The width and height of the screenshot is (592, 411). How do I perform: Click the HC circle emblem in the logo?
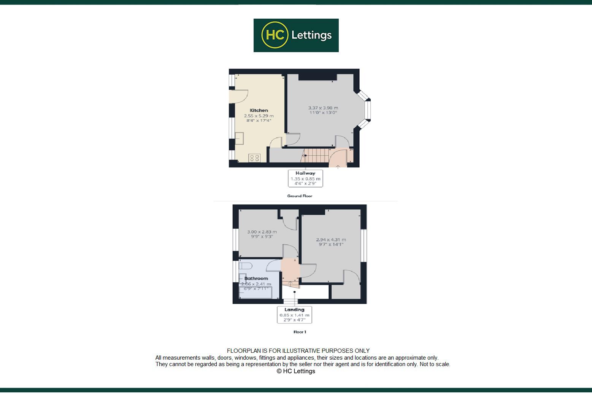click(x=275, y=35)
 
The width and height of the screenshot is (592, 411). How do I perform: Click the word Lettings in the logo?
click(x=311, y=35)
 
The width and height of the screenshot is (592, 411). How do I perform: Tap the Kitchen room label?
click(x=259, y=110)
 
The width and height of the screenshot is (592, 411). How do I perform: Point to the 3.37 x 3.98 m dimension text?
click(x=323, y=108)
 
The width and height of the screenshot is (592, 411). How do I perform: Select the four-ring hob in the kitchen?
click(x=254, y=158)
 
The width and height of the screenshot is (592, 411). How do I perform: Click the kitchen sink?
click(x=239, y=138)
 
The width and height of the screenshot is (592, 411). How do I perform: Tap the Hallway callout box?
click(x=306, y=178)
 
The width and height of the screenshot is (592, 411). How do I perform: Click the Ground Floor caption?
click(x=300, y=196)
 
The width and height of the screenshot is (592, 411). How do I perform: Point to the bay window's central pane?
click(x=368, y=110)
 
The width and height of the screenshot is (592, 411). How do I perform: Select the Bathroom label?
click(x=256, y=279)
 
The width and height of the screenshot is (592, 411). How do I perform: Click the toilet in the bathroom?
click(x=245, y=266)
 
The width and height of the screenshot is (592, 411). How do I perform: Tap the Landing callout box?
click(x=294, y=315)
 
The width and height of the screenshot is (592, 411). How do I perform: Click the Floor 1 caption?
click(x=300, y=332)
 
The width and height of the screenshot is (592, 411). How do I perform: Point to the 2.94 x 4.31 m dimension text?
click(x=331, y=240)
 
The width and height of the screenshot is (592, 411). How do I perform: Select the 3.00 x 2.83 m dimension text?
click(x=262, y=232)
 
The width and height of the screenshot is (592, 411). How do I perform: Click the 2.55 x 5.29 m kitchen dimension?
click(x=259, y=116)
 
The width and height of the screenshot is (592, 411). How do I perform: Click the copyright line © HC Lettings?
click(x=296, y=371)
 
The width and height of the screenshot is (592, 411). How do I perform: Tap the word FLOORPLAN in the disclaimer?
click(x=243, y=351)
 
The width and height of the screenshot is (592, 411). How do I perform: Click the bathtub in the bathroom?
click(x=255, y=292)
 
